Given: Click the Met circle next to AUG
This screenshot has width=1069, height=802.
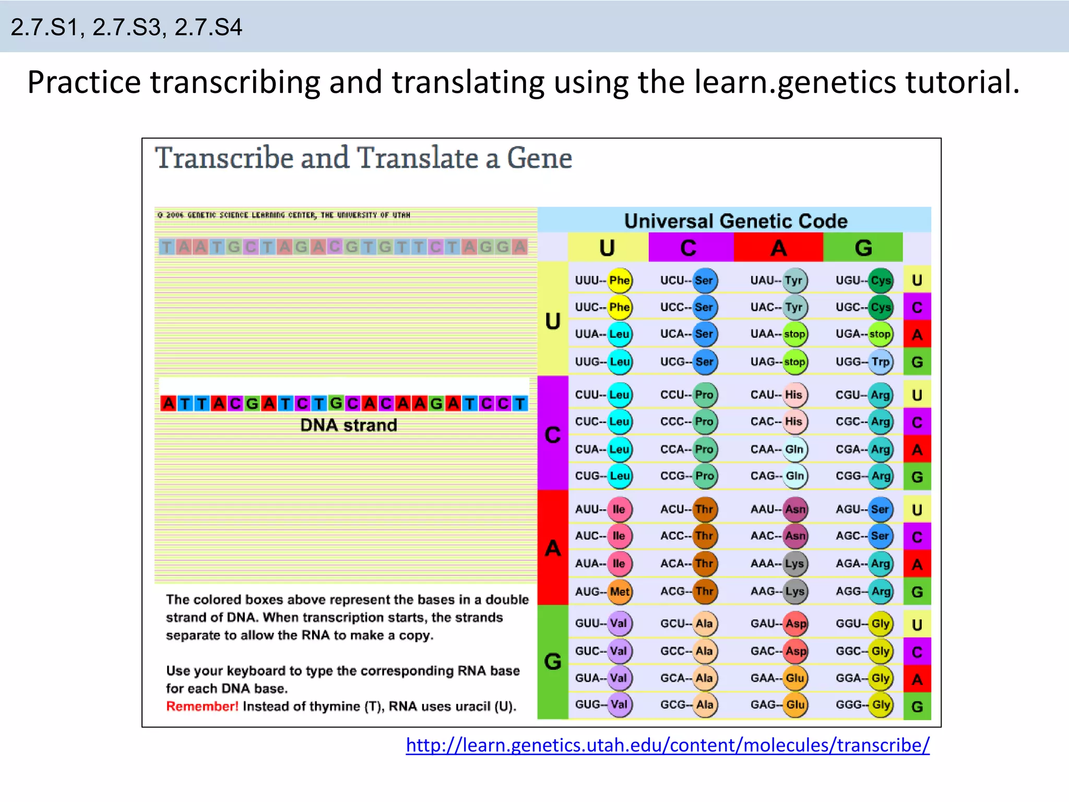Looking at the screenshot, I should [620, 592].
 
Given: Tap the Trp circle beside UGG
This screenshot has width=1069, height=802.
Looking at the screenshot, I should [881, 362].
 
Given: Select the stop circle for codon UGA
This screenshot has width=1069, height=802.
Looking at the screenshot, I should [880, 334].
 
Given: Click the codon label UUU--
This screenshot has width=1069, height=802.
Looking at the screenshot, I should [590, 280].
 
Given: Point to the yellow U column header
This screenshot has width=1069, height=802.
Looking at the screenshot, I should [608, 247].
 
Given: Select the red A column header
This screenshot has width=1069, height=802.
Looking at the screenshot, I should [778, 247].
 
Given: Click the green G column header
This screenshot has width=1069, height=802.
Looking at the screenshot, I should [863, 247].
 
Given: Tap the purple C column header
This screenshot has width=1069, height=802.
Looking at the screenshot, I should [689, 247].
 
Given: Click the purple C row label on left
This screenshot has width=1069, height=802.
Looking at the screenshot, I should [553, 434].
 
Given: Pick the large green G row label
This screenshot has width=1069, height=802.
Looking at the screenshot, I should [553, 662].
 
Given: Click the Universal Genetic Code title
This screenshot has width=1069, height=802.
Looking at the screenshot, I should [735, 221].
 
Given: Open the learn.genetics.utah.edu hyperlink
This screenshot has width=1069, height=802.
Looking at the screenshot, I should [668, 745].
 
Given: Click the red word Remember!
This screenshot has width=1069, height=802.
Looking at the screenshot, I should [202, 706].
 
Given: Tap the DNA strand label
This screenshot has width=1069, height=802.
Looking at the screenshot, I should [348, 426].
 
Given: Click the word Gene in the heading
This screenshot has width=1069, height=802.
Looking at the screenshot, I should [539, 158].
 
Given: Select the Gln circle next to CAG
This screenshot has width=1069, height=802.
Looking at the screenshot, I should [794, 476].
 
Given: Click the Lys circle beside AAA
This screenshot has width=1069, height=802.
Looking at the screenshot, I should [794, 564].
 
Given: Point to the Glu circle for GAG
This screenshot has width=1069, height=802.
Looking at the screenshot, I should [795, 705].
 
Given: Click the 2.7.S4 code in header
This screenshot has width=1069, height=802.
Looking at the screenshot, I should [208, 27].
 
